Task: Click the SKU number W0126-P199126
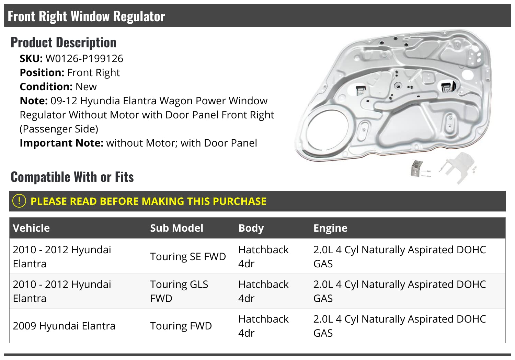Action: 84,59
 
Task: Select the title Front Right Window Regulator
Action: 86,16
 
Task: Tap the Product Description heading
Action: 64,43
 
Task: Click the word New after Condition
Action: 86,87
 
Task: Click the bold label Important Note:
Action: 61,143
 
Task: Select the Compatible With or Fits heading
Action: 72,177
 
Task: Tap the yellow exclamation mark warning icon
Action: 19,201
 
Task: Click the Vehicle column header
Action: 31,228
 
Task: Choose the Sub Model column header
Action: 176,228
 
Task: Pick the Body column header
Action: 251,228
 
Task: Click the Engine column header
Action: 330,228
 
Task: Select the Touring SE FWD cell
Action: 188,257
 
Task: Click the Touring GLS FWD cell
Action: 179,291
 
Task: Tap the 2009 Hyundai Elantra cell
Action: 64,326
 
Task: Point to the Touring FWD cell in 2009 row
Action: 181,326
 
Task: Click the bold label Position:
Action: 42,73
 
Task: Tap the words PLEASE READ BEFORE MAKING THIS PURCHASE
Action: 148,201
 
